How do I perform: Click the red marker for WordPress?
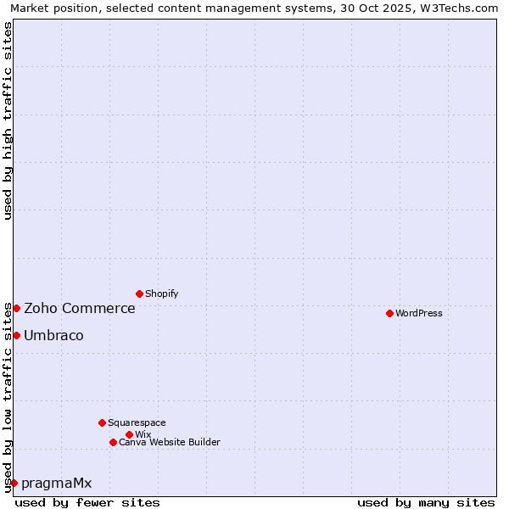coord(389,313)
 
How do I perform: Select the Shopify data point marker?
coord(139,294)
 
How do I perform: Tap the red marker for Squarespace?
coord(102,422)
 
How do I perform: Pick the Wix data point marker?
coord(129,434)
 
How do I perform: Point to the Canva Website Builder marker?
coord(113,442)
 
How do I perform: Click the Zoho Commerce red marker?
coord(16,308)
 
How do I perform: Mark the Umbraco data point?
coord(16,335)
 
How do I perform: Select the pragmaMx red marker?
coord(14,483)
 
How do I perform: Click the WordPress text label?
coord(419,313)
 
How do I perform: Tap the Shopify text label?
coord(162,294)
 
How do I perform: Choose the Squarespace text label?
coord(137,422)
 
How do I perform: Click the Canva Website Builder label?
coord(170,442)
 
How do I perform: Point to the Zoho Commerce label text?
coord(80,308)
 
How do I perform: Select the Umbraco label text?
coord(53,335)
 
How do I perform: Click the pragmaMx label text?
coord(56,483)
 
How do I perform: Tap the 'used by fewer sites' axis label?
coord(87,502)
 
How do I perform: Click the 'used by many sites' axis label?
coord(426,502)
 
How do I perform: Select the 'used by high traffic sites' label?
coord(8,120)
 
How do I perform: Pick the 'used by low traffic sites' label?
coord(8,397)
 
